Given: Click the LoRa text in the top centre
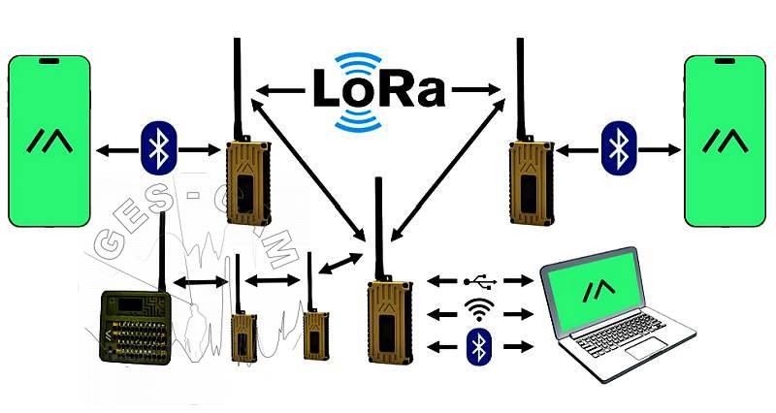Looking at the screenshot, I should click(378, 89).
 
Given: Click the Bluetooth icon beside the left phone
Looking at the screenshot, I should click(156, 148).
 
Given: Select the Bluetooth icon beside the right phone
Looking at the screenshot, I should click(617, 148).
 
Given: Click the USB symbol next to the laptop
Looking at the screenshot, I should click(480, 281).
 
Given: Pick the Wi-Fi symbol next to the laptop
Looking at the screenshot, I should click(479, 311).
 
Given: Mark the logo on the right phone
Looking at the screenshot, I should click(726, 143).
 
